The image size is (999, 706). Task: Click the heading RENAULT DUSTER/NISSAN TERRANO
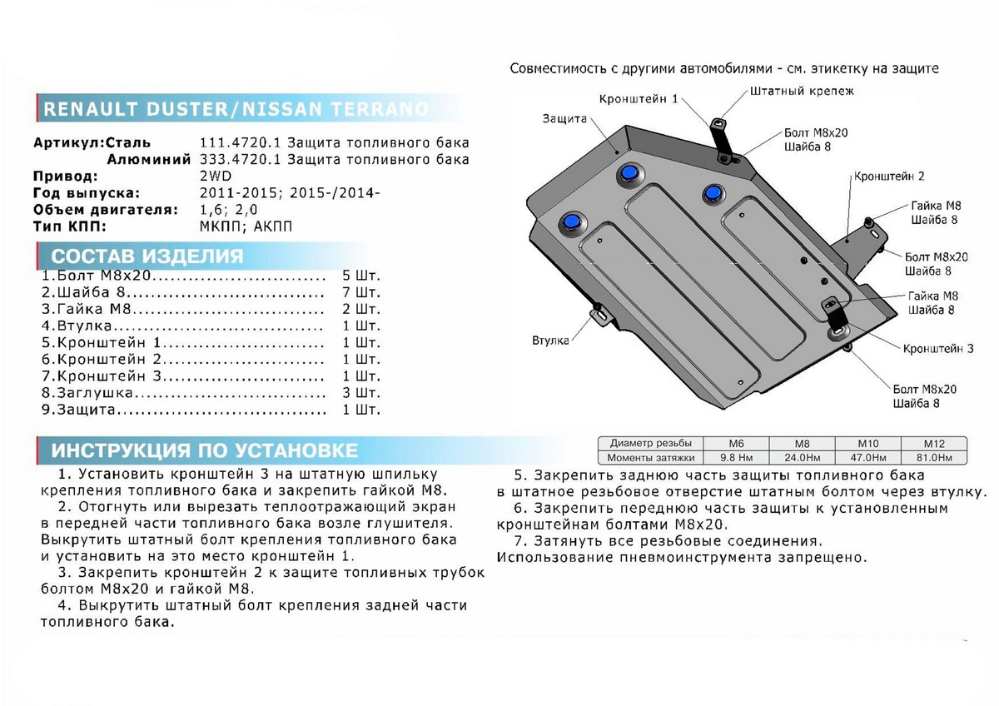click(x=236, y=109)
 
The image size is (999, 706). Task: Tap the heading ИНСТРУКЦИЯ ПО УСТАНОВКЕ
click(x=205, y=451)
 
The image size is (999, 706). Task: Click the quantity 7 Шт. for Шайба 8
click(x=360, y=292)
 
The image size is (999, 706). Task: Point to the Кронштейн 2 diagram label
click(x=888, y=176)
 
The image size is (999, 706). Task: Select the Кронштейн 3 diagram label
click(x=938, y=349)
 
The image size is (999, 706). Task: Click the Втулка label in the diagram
click(x=550, y=341)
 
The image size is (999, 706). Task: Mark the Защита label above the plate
click(x=564, y=118)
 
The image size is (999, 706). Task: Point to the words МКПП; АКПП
click(x=246, y=226)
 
